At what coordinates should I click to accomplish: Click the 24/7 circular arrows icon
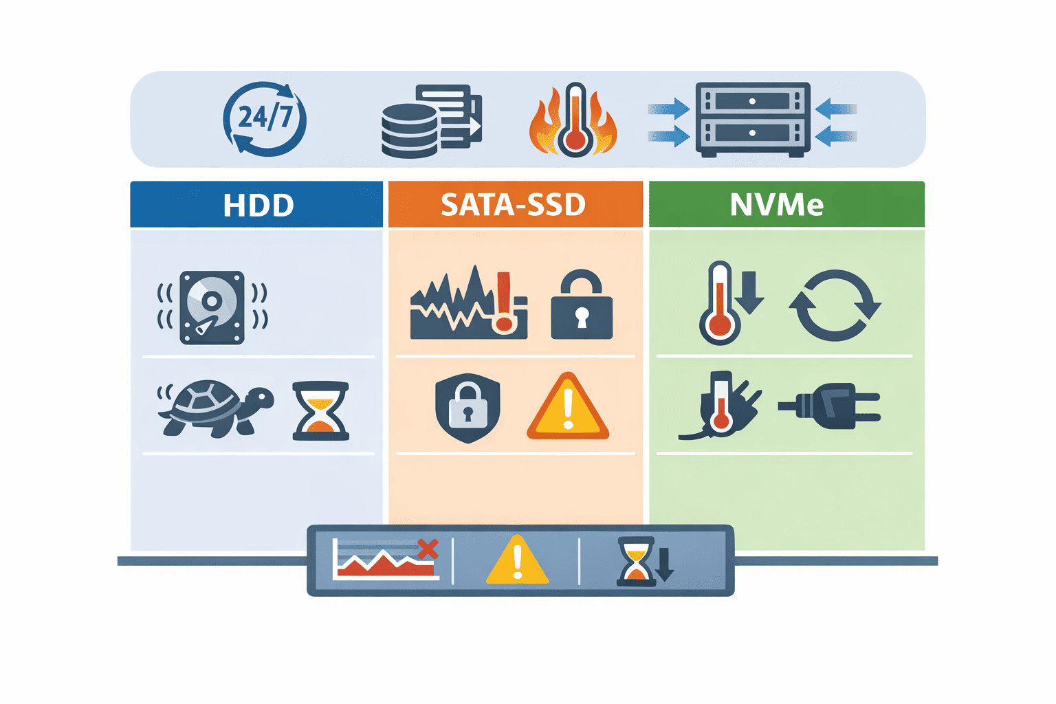(x=265, y=119)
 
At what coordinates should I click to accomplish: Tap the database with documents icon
(x=431, y=121)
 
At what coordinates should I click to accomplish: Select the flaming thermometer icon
(x=573, y=121)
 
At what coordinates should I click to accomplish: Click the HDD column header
(x=258, y=205)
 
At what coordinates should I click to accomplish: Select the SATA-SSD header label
(x=514, y=205)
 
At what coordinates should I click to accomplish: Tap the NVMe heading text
(x=777, y=205)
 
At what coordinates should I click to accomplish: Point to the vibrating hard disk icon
(x=212, y=307)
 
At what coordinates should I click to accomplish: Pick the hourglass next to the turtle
(x=320, y=410)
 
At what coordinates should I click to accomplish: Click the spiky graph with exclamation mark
(x=469, y=304)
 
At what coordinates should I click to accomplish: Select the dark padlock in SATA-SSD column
(x=582, y=305)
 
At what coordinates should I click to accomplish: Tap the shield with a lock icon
(x=467, y=408)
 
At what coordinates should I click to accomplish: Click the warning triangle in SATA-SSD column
(x=568, y=407)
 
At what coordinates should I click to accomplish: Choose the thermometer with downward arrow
(x=729, y=302)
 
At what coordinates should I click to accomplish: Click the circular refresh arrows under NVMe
(x=834, y=305)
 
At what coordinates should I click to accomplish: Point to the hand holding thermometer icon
(x=722, y=406)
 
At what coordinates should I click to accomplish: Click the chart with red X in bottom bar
(x=385, y=559)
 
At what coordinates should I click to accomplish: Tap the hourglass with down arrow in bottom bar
(x=645, y=561)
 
